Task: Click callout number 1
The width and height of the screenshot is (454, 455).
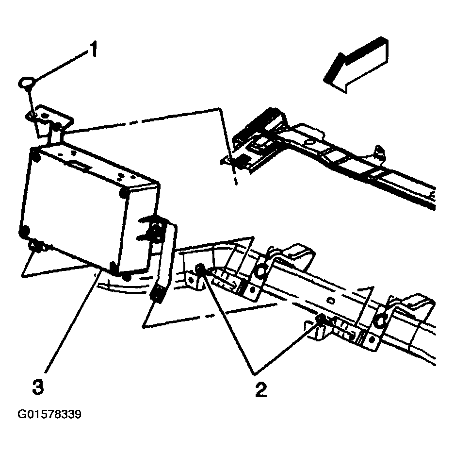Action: click(93, 50)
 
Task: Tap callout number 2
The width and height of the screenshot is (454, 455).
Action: click(260, 389)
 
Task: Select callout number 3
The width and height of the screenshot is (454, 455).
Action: click(38, 387)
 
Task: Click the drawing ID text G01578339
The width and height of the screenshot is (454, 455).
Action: click(49, 415)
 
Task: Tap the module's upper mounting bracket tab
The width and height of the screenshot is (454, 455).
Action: click(49, 117)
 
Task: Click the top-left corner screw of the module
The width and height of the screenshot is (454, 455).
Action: click(35, 156)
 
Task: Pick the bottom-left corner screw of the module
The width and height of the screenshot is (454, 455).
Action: click(23, 234)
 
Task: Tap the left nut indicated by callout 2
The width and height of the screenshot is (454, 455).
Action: click(200, 270)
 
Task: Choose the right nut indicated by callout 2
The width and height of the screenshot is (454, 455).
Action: click(321, 319)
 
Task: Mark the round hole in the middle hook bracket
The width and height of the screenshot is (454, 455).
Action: click(260, 271)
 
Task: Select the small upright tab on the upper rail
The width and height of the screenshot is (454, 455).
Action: click(377, 150)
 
